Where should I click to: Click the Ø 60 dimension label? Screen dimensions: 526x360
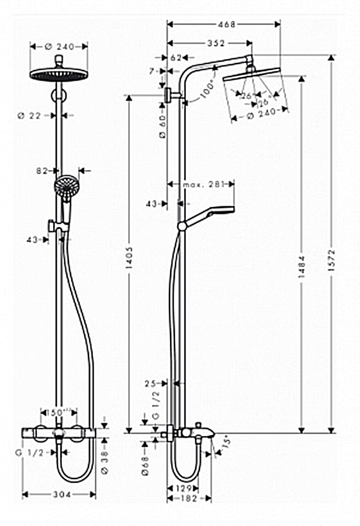pos(162,126)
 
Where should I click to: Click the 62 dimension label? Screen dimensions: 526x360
pos(176,58)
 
